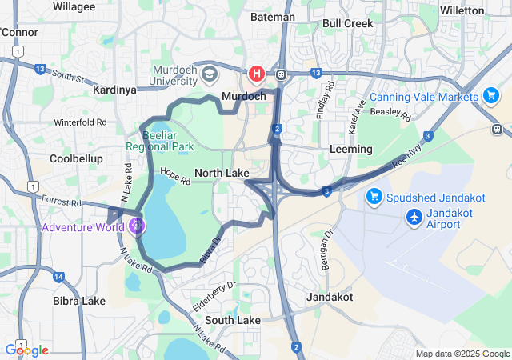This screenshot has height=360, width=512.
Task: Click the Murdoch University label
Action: coord(174,74)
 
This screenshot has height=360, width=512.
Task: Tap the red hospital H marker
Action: coord(257,74)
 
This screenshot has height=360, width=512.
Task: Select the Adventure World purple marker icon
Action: coord(137,226)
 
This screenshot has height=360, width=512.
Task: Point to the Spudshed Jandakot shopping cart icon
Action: coord(374,196)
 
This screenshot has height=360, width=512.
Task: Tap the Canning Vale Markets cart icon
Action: coord(491,97)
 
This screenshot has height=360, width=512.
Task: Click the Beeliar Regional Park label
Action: coord(159,141)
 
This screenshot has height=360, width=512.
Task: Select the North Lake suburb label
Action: coord(222,173)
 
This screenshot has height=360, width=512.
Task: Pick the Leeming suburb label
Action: coord(351,150)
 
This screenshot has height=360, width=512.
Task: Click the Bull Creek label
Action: coord(347,23)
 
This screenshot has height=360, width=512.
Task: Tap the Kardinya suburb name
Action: coord(115,90)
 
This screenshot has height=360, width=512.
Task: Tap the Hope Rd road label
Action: coord(174,175)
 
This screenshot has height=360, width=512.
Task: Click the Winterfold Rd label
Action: coord(80,122)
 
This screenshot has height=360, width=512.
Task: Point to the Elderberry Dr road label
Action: coord(214,294)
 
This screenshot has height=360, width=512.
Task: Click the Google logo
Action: coord(26,350)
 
